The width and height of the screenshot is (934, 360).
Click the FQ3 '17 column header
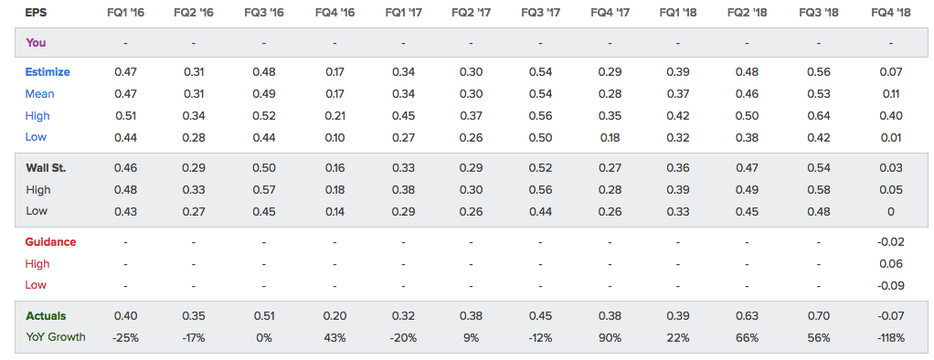(x=540, y=12)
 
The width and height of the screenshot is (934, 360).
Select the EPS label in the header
(x=36, y=12)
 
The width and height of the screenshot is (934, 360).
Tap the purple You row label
(x=36, y=43)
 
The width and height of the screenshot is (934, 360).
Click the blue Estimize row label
(x=48, y=72)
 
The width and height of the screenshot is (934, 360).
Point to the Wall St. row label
(x=46, y=168)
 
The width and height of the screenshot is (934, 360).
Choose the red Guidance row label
(x=50, y=242)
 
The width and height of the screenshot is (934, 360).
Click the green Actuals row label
(x=46, y=316)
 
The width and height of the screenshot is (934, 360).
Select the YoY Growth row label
(x=56, y=337)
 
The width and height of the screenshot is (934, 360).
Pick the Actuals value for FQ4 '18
(x=890, y=316)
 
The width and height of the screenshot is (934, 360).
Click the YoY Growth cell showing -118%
(x=890, y=337)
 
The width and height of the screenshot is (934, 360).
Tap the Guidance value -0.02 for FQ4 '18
(x=890, y=242)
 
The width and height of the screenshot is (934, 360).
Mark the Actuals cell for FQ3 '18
(x=819, y=316)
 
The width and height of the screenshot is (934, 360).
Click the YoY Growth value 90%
(x=610, y=337)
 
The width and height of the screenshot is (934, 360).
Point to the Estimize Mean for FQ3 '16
(x=263, y=93)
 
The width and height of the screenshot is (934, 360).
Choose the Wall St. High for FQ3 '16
(x=263, y=189)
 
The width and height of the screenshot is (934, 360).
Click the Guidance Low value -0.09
(x=890, y=285)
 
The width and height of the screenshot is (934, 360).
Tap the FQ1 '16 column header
(x=126, y=12)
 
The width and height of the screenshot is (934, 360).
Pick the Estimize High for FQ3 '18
(x=819, y=116)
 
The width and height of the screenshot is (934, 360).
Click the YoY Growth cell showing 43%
(x=334, y=337)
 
